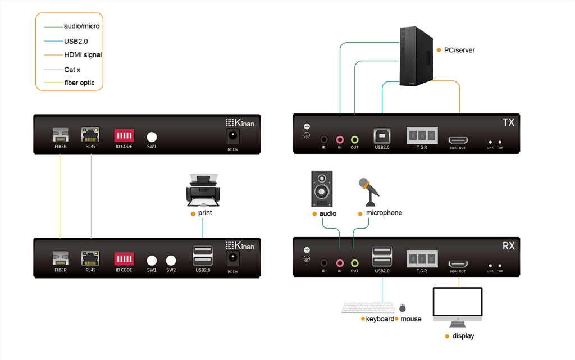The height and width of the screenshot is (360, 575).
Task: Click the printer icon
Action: pos(203,190)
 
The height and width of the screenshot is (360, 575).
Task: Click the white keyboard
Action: pos(367,308)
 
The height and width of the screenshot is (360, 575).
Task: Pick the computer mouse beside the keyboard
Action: pos(403,308)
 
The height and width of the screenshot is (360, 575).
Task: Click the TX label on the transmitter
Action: pos(508,121)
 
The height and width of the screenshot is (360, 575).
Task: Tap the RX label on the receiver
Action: pos(508,245)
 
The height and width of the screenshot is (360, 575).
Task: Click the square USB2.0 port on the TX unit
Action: pos(382,136)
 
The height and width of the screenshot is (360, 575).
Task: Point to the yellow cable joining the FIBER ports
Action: pos(60,197)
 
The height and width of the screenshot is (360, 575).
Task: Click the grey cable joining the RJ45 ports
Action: pos(91,197)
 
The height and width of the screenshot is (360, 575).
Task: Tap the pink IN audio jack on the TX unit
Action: pos(340,139)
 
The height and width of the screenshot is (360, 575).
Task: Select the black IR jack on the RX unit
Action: pos(324,262)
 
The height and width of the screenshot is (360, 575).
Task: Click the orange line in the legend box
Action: pos(54,54)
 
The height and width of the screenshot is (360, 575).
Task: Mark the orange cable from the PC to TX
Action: pos(460,101)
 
